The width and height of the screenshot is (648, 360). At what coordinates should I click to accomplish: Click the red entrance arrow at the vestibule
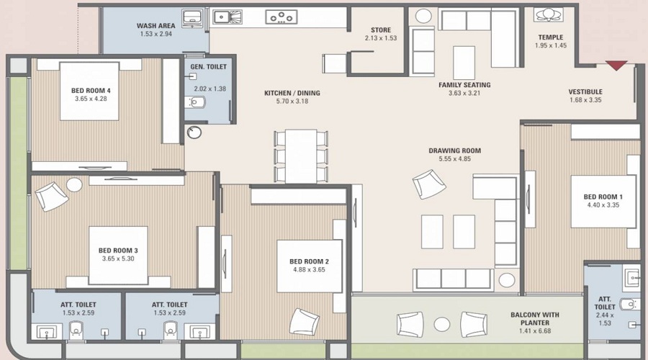pos(616,66)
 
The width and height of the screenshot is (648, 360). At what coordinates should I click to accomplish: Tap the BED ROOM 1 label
pos(603,197)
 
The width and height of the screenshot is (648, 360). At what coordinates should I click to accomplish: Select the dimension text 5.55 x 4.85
pos(454,159)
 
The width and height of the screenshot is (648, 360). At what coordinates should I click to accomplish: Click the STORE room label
pos(380,30)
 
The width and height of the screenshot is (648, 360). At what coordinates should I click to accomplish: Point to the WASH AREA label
pos(156,26)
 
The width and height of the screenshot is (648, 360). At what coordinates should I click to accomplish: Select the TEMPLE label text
pos(551,37)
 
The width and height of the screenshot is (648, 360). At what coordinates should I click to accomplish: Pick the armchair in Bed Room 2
pos(304,320)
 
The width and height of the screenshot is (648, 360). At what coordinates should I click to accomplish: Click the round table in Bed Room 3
pos(74,184)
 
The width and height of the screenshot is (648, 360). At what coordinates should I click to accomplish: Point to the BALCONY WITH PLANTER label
pos(535,318)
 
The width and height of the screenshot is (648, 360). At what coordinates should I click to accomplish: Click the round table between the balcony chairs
pos(442,323)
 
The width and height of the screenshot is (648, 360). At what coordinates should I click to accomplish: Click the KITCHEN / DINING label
pos(292,93)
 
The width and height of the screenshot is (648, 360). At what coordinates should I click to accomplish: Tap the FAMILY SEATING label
pos(464,85)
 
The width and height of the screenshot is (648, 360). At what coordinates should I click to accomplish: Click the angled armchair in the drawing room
pos(429,184)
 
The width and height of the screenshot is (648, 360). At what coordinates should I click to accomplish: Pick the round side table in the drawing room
pos(508,279)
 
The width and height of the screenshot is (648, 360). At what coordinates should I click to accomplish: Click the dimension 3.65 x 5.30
pos(117,258)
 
